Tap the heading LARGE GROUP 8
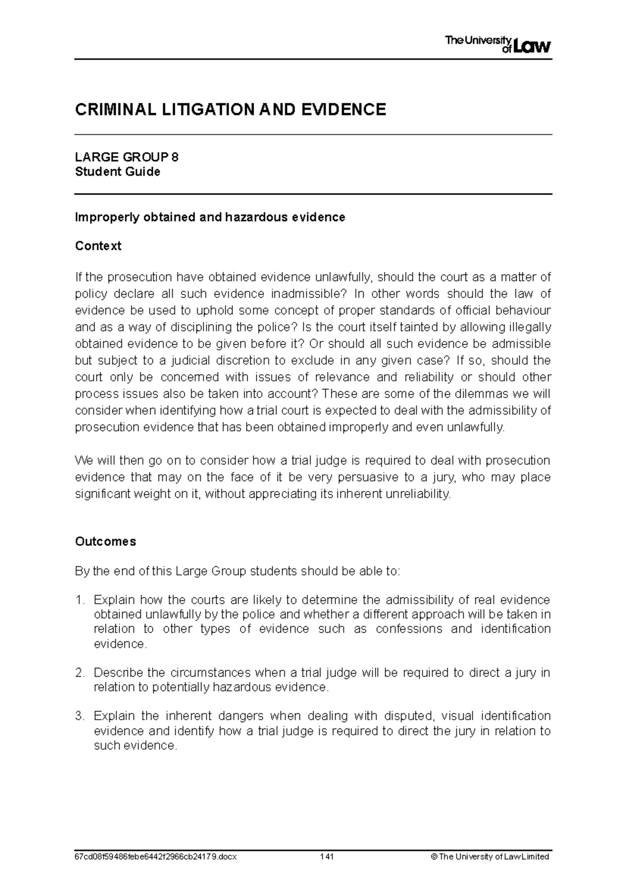[x=127, y=157]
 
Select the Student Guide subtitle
[x=117, y=172]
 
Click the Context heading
[x=98, y=246]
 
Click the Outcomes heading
[x=105, y=542]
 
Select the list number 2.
[x=79, y=673]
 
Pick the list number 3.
[x=79, y=716]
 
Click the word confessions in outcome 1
[x=408, y=629]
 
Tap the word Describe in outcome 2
[x=119, y=673]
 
